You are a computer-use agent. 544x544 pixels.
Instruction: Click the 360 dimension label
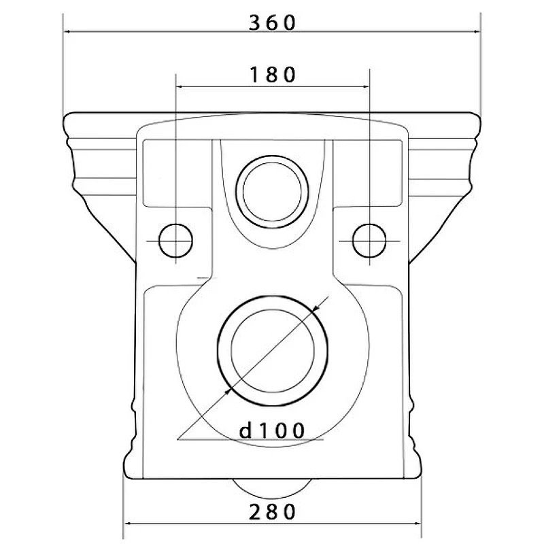point(273,23)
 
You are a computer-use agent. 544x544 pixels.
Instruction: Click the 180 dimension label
point(273,75)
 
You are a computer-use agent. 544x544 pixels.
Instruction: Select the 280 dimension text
point(273,512)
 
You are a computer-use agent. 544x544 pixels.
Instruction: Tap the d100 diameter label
point(272,430)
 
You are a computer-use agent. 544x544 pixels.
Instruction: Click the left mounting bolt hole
point(175,241)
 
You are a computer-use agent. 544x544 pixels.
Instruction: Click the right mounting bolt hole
point(369,241)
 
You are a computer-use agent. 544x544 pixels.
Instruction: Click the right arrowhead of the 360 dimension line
point(477,31)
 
